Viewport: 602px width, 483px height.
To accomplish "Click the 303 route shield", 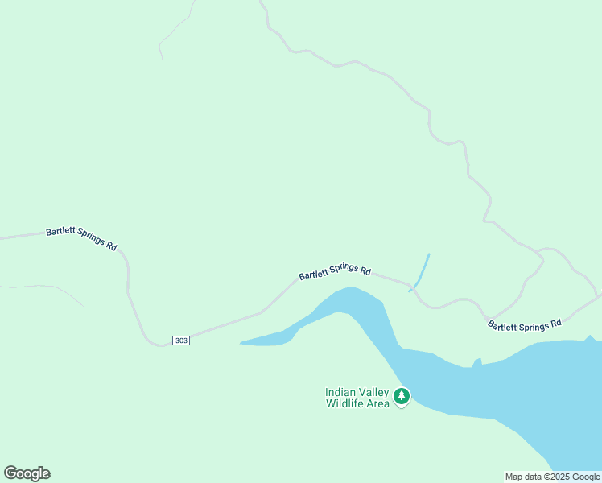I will (x=181, y=341).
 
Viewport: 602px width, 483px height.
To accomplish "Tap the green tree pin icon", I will (x=401, y=396).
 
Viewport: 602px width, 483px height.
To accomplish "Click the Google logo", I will (x=27, y=473).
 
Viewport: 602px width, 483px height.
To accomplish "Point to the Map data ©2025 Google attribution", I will (x=552, y=477).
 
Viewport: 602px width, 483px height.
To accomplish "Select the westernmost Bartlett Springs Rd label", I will (x=81, y=238).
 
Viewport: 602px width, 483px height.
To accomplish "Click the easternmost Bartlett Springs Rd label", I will (x=524, y=325).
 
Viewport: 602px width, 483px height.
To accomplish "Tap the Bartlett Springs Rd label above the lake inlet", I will (x=335, y=273).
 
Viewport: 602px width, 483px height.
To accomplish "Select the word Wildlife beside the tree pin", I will (x=346, y=403).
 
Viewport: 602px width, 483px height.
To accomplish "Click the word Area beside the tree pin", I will (x=379, y=403).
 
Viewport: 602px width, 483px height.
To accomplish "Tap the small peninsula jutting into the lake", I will (x=477, y=361).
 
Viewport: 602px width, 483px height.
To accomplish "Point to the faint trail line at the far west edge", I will (x=40, y=287).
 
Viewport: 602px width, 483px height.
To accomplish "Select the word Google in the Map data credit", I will (x=586, y=477).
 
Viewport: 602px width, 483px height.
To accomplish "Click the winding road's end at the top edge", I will (x=262, y=3).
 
